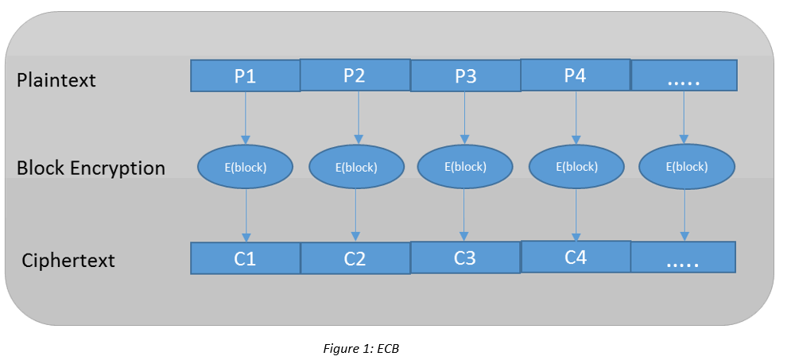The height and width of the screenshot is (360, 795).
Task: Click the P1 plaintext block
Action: coord(245,76)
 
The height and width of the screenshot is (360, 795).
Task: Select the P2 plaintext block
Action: coord(355,76)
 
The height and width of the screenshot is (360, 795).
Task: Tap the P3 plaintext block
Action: coord(465,76)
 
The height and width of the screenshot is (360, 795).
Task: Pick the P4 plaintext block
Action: coord(575,75)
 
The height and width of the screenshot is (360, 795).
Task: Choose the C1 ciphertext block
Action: coord(246,258)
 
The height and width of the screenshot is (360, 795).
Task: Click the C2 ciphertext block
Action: coord(355,258)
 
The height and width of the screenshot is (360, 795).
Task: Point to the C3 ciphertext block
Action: coord(465,257)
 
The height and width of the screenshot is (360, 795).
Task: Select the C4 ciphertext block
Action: coord(576,257)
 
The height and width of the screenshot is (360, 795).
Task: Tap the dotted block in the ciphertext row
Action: coord(683,257)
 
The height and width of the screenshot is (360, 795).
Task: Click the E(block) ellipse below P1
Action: coord(245,167)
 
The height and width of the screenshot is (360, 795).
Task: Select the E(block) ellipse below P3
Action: coord(464,167)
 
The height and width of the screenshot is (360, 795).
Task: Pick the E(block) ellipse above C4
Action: coord(576,167)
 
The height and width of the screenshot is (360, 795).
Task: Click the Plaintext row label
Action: coord(56,80)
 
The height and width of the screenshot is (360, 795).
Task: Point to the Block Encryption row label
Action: coord(91,168)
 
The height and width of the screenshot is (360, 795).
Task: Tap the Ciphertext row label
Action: coord(68,261)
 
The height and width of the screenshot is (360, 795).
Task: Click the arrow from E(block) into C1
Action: coord(246,215)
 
